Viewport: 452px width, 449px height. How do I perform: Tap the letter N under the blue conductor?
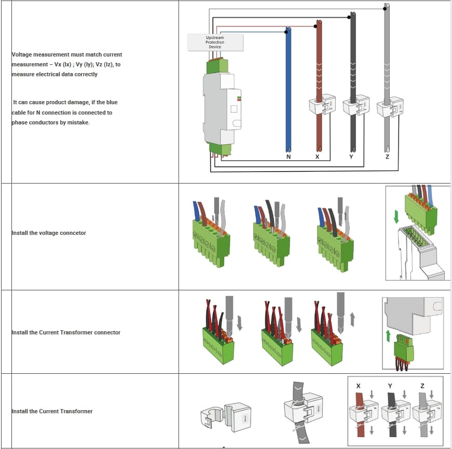288,157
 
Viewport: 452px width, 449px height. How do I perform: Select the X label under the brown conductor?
318,157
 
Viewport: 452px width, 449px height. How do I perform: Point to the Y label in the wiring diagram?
351,157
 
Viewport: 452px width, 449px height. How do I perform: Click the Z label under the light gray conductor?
387,157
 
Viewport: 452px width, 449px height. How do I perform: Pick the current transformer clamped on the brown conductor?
322,106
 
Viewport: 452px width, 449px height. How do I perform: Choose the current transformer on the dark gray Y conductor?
355,105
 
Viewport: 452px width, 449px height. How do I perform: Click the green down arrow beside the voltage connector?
396,216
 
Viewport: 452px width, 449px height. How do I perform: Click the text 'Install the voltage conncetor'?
49,233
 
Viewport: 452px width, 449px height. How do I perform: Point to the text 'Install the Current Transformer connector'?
66,332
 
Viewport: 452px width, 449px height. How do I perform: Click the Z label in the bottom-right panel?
423,386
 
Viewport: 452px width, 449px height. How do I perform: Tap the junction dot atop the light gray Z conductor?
386,8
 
